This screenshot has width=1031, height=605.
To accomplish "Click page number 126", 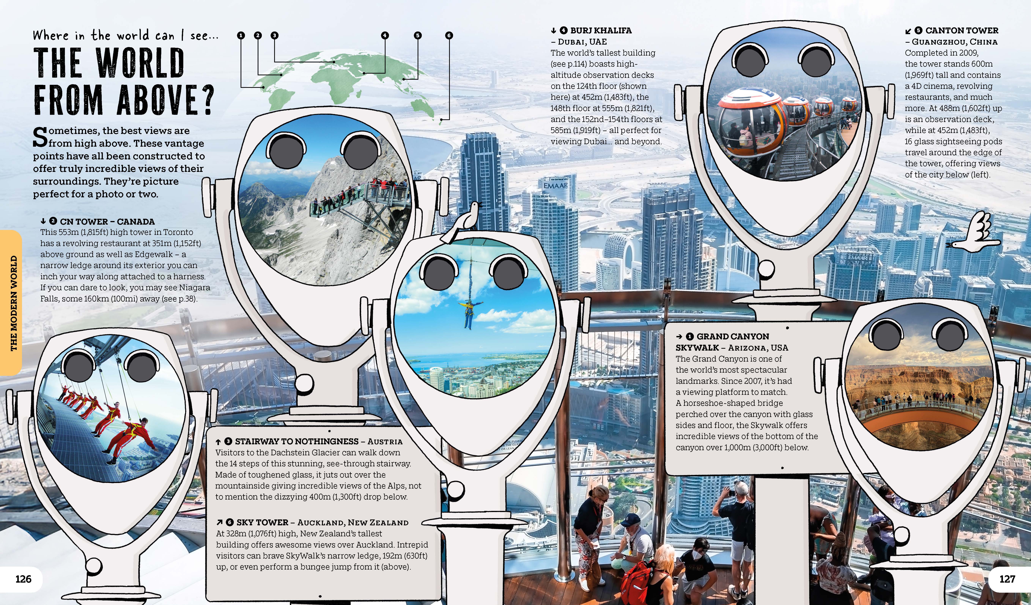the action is (x=23, y=579).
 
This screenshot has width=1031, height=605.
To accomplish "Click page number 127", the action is (x=1007, y=579).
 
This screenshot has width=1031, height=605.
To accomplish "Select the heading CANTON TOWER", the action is (x=962, y=30).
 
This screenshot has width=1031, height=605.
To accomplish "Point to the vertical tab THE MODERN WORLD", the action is (x=14, y=303).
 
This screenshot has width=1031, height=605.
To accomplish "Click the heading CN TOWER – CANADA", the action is (x=107, y=222).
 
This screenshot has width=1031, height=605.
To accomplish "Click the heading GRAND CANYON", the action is (x=733, y=336).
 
